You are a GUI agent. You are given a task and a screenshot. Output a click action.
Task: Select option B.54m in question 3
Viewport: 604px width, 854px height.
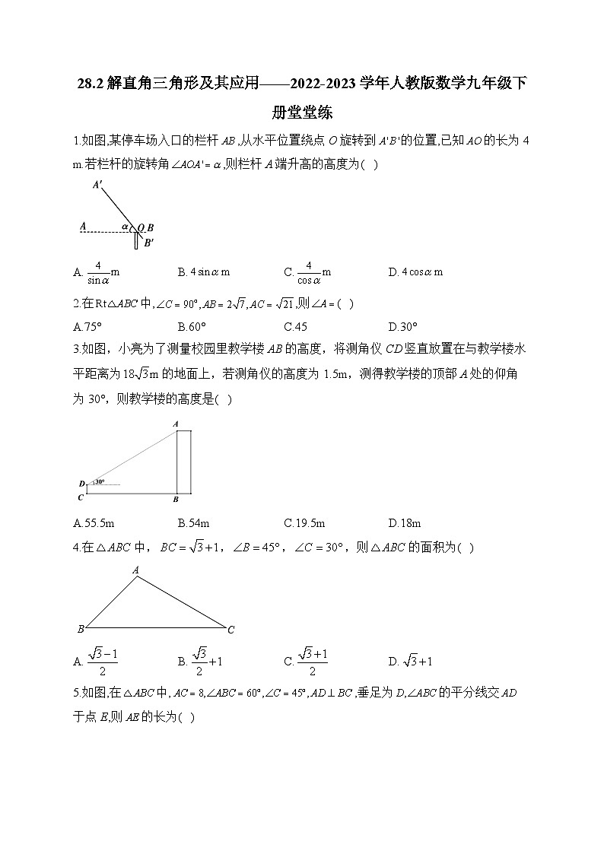(193, 522)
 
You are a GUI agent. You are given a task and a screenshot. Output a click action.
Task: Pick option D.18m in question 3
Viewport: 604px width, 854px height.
(404, 522)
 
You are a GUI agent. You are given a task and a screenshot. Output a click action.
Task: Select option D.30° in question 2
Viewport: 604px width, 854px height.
(402, 327)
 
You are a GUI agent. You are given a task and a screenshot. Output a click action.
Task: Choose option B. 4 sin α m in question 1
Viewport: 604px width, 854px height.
(203, 271)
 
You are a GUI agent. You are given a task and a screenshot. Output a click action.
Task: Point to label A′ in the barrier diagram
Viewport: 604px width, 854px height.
(97, 185)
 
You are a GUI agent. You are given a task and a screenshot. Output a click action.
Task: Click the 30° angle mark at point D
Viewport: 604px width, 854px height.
(100, 481)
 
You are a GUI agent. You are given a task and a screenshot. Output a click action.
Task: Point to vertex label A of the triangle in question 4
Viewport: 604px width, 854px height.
(135, 570)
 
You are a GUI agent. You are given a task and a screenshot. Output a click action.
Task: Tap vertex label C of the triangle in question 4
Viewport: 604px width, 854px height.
(230, 630)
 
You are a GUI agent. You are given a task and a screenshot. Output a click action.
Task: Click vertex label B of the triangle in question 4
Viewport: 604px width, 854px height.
(80, 630)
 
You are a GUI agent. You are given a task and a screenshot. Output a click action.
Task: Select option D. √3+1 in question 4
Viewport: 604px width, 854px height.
(410, 661)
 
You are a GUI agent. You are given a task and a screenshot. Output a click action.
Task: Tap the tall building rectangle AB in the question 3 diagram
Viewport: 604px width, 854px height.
(183, 462)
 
